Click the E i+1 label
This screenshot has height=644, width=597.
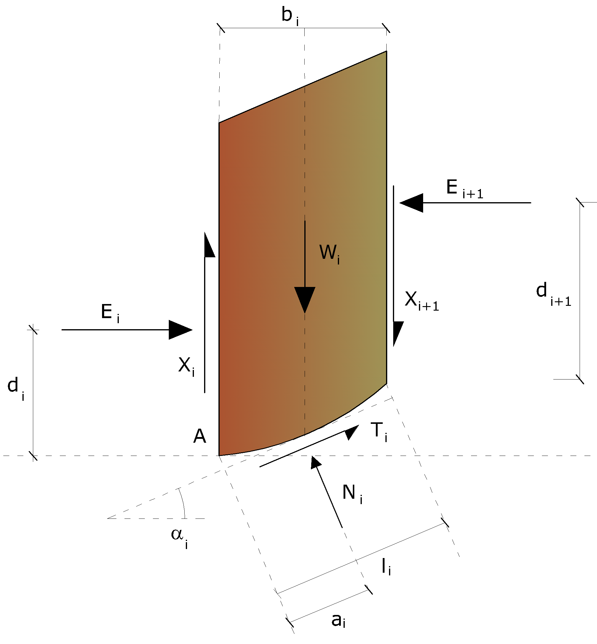[x=464, y=189]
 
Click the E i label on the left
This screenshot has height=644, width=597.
[x=110, y=313]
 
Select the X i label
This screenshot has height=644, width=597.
[x=186, y=367]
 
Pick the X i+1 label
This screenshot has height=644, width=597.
[x=422, y=301]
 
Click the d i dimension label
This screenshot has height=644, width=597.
[x=16, y=388]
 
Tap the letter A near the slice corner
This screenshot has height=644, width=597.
[x=200, y=436]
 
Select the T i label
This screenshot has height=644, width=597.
[x=379, y=432]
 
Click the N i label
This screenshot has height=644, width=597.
[x=352, y=493]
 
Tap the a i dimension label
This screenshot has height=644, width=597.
[x=338, y=620]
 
